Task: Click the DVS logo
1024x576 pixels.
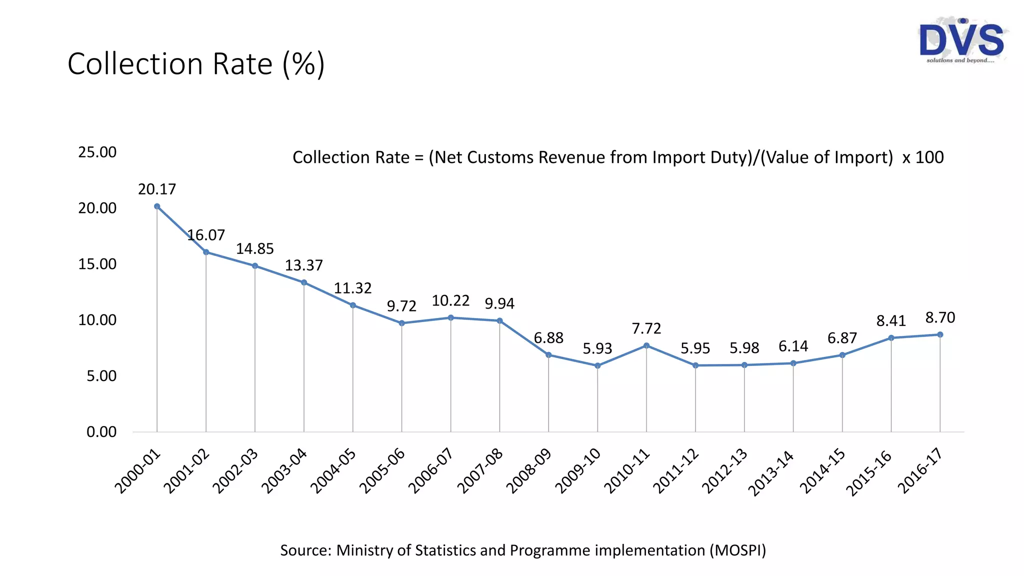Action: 961,41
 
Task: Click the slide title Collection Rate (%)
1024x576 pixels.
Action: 196,64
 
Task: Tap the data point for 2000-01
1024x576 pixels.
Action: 157,206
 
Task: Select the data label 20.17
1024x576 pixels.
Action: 157,189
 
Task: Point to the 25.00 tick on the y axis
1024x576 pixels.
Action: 97,152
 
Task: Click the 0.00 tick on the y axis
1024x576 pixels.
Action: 101,432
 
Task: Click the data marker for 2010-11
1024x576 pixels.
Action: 646,345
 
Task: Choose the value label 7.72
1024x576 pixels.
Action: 646,328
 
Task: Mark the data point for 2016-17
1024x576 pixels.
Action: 940,334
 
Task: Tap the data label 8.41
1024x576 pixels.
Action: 891,321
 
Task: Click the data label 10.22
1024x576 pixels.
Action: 450,300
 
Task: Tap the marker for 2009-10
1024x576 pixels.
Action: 597,365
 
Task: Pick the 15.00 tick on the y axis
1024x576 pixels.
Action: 97,264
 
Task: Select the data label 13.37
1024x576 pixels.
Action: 304,265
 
